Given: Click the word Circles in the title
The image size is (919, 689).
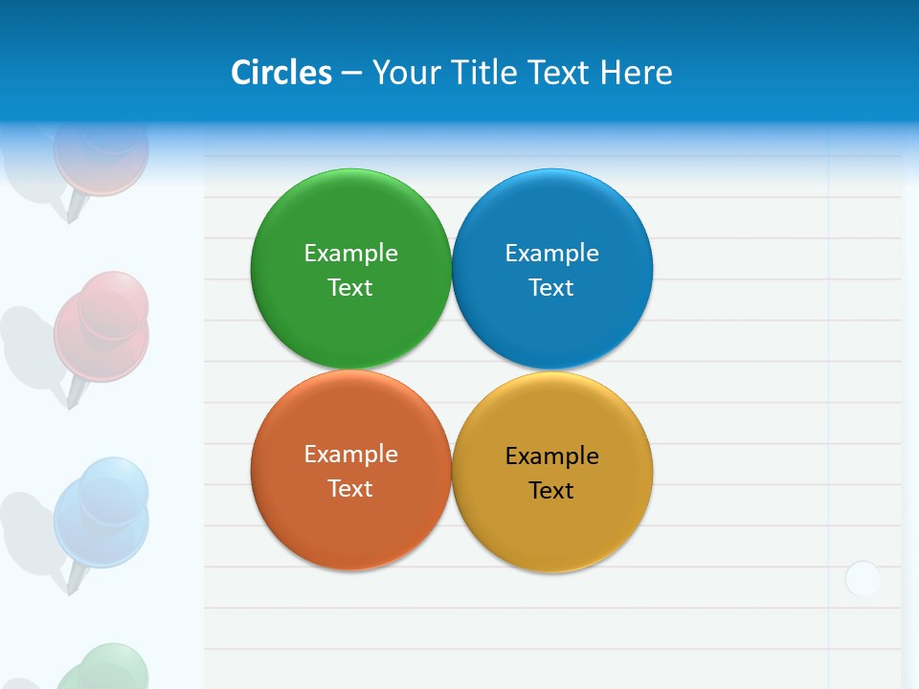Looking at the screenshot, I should pos(281,73).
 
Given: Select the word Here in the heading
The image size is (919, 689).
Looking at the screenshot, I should pos(636,73).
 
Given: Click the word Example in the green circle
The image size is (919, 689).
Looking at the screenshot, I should pos(350,254).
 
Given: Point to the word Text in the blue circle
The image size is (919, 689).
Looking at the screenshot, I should pos(551,288).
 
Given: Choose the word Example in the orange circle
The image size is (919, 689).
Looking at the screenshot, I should pos(350,455).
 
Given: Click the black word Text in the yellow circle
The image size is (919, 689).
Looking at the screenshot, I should pos(551,491).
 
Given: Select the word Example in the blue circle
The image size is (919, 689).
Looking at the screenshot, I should pos(551,254).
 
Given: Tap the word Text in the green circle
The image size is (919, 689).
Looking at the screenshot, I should pos(350,288).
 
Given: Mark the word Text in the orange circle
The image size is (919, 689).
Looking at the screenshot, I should pos(350,489).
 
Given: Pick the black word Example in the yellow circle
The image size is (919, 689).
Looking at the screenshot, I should pos(551,456).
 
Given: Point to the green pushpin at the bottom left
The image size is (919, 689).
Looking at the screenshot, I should pos(105,670).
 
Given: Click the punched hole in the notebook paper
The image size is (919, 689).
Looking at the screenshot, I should pos(863,579).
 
